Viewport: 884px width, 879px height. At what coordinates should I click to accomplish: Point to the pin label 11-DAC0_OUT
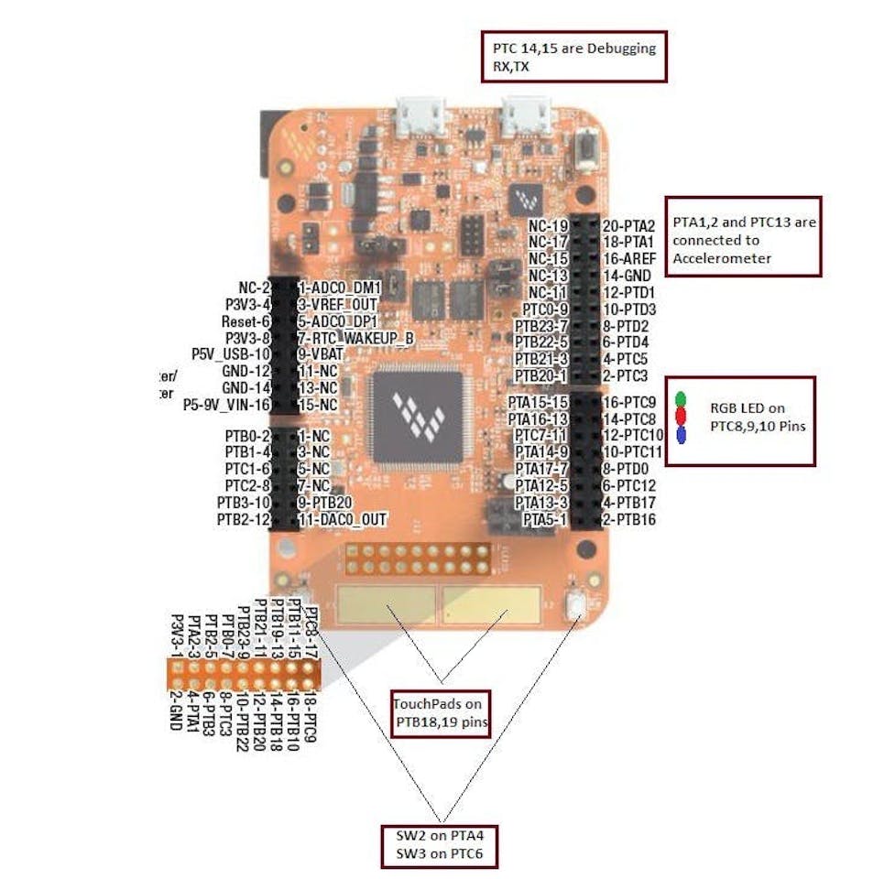(x=342, y=519)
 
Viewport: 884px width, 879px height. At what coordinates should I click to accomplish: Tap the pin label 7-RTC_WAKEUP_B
(x=355, y=338)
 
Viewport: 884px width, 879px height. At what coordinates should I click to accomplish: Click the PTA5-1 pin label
(x=546, y=520)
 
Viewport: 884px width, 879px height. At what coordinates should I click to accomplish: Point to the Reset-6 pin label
(x=245, y=321)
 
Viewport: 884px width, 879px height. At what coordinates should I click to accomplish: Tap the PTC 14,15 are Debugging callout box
(x=573, y=56)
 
